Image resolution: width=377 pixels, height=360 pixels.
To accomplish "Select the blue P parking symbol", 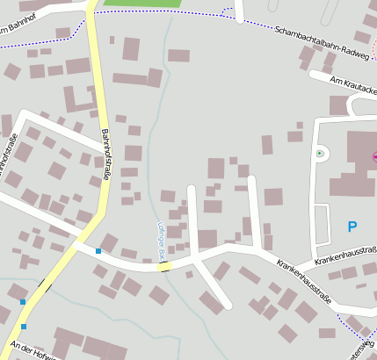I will point(352,227).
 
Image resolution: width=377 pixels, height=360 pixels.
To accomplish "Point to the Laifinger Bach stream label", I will point(163,240).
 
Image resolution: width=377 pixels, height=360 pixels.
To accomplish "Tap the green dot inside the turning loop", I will point(320,154).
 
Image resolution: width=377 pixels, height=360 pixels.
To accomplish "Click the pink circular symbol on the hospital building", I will point(375,157).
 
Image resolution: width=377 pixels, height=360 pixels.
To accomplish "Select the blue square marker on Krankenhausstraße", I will point(98,251).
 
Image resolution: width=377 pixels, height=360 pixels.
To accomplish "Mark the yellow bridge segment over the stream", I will point(164,266).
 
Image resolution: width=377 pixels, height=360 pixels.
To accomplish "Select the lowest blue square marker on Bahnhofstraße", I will point(23,327).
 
